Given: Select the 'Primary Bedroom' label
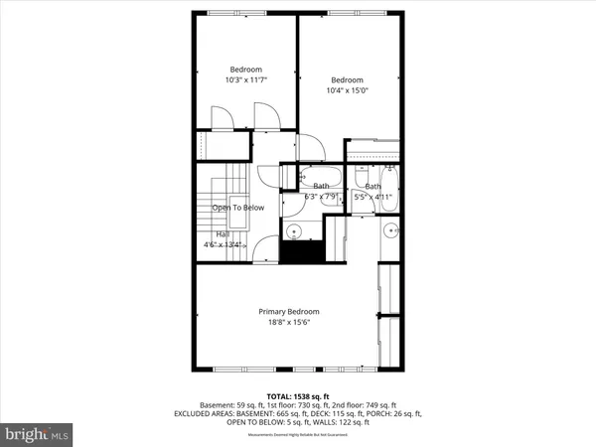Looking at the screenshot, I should [297, 312].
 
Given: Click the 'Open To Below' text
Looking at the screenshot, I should [239, 208].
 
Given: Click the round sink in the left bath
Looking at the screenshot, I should [294, 231].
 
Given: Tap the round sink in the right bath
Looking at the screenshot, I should [389, 231].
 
